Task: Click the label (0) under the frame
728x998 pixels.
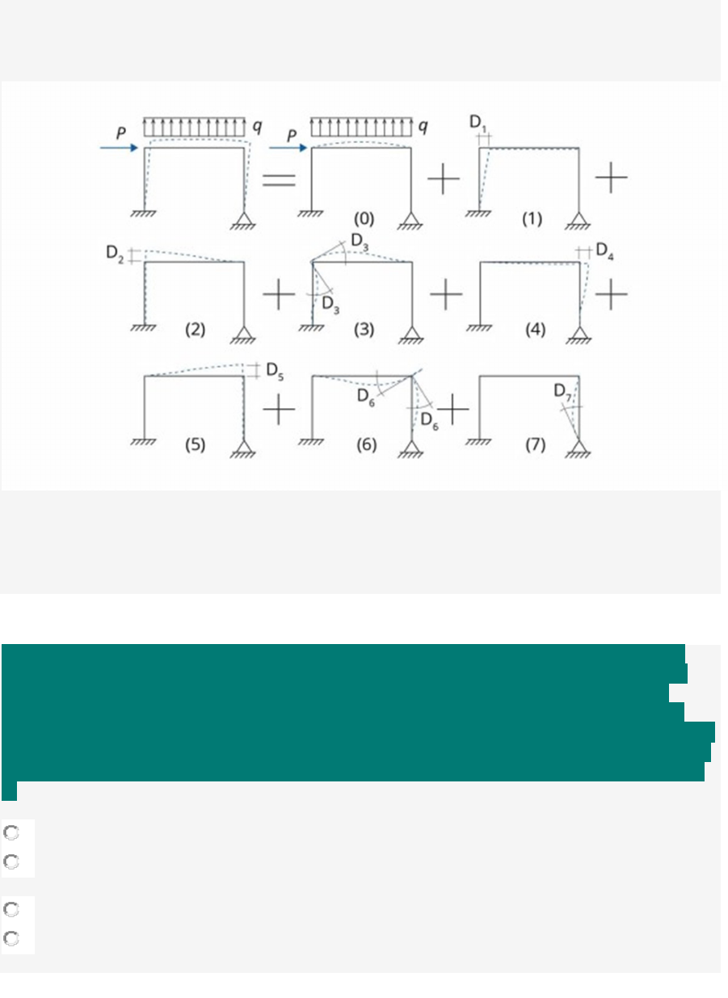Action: pos(364,218)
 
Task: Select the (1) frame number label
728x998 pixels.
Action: pos(531,218)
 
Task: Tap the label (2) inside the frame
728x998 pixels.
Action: pos(196,330)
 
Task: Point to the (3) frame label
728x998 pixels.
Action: pos(364,330)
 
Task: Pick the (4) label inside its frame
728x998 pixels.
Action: pos(535,330)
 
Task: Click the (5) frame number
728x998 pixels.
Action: pos(196,444)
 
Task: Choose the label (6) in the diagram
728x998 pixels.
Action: pos(366,444)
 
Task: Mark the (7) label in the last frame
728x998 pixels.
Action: pos(535,444)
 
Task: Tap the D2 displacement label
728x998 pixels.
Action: pos(116,253)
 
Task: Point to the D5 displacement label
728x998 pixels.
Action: pos(275,373)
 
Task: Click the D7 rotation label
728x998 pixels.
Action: pos(563,391)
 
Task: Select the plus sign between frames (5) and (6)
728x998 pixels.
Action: pos(279,411)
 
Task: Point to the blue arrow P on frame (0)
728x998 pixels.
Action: pos(286,148)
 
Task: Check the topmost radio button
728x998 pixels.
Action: pos(11,833)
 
